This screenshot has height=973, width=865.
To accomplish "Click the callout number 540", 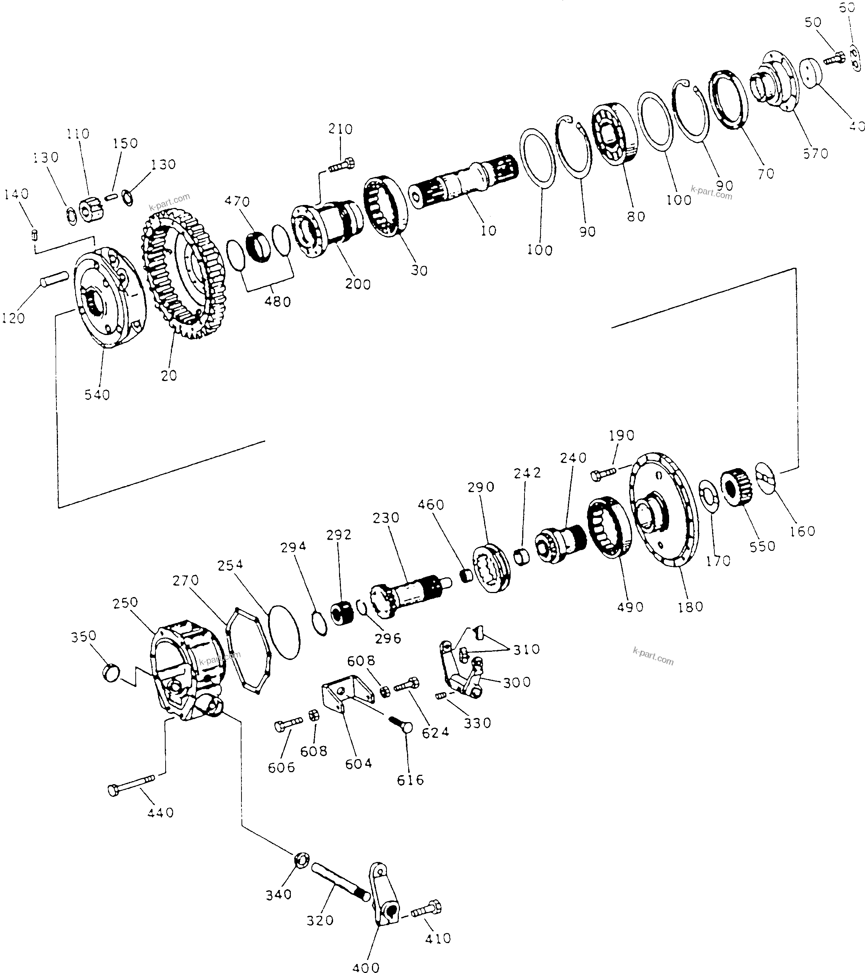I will tap(97, 395).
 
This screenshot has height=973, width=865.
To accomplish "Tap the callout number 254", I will tap(230, 565).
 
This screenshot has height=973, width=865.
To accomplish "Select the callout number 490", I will tap(630, 607).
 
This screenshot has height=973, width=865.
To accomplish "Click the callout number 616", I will tap(410, 780).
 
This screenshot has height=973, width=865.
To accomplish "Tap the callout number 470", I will tap(237, 201).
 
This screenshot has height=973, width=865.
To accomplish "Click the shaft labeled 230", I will tap(409, 593).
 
